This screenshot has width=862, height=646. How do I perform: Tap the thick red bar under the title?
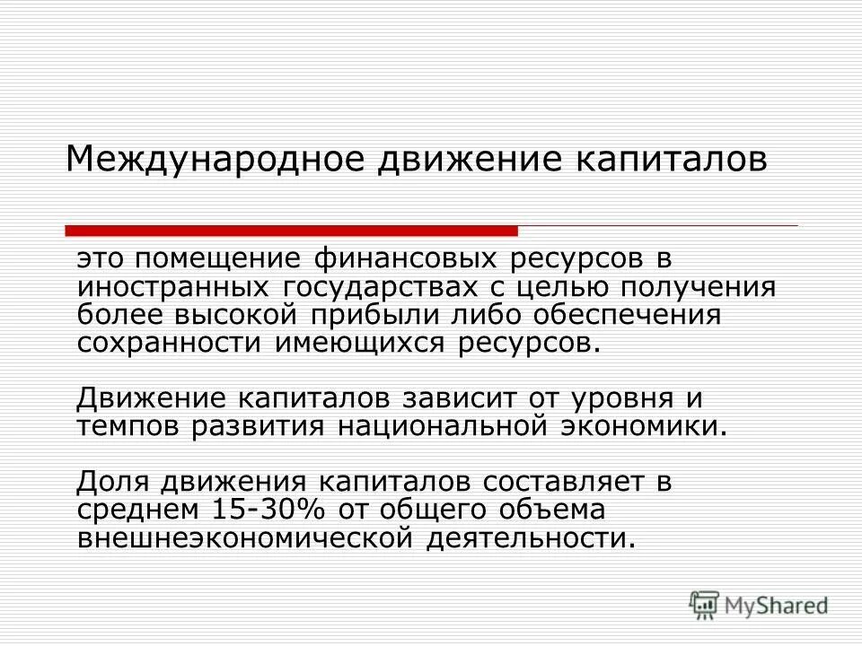pyautogui.click(x=293, y=231)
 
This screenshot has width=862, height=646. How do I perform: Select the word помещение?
pyautogui.click(x=217, y=260)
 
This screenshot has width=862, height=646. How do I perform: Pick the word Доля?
pyautogui.click(x=113, y=481)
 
